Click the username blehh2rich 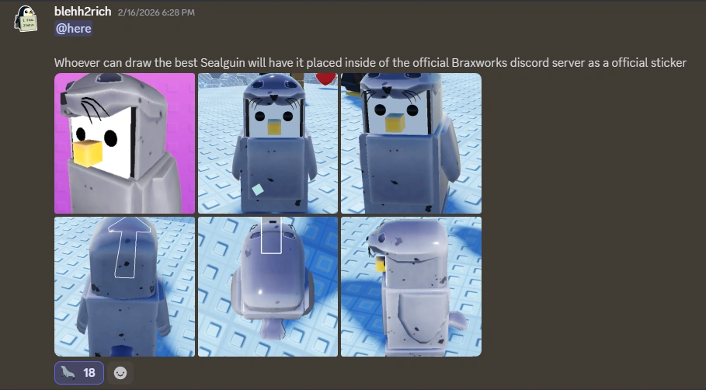tap(83, 12)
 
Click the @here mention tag tap(73, 29)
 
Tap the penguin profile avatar tap(26, 19)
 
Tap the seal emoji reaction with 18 tap(79, 373)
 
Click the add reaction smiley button tap(120, 373)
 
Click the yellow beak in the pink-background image tap(87, 153)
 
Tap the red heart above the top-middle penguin tap(325, 78)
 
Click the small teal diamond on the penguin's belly tap(258, 190)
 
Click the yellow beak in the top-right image tap(395, 122)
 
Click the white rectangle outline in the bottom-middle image tap(271, 235)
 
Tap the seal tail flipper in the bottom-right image tap(458, 321)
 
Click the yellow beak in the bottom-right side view tap(381, 264)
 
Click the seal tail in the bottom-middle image tap(271, 329)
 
